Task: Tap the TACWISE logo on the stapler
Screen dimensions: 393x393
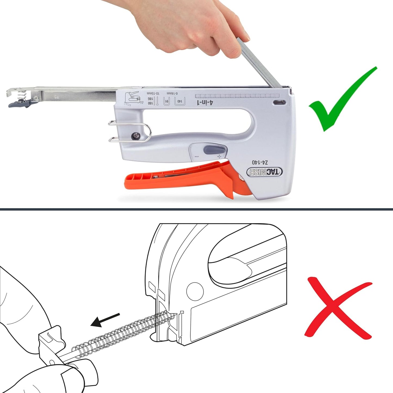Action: point(264,172)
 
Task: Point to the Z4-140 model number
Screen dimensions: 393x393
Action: point(260,162)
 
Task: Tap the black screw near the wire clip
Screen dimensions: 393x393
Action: point(135,136)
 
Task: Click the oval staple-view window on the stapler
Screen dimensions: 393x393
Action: point(279,103)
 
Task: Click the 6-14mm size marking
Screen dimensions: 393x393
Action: point(172,93)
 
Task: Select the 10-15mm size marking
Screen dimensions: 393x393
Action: point(153,93)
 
